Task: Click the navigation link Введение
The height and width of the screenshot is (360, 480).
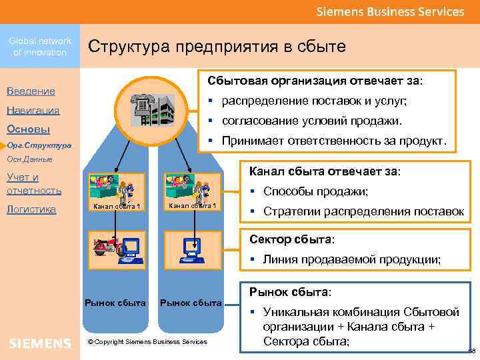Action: (x=31, y=91)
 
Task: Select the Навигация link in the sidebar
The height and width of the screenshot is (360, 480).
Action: (x=33, y=111)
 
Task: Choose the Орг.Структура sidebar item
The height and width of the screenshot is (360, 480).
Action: (x=39, y=145)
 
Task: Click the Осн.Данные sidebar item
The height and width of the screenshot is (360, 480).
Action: (x=29, y=160)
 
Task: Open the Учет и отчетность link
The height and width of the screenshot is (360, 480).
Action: (x=33, y=183)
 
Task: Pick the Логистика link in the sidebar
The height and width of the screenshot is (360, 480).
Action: (x=31, y=209)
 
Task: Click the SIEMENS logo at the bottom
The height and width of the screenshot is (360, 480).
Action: (x=40, y=343)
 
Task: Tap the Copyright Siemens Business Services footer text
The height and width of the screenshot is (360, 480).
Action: (x=147, y=342)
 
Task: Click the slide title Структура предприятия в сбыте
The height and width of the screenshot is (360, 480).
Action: (x=217, y=46)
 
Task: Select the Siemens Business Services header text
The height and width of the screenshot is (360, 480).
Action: (x=390, y=11)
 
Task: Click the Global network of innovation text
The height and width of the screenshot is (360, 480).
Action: (x=40, y=47)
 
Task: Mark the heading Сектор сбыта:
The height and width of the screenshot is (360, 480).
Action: (x=292, y=239)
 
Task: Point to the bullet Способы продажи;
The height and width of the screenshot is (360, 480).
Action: (x=316, y=191)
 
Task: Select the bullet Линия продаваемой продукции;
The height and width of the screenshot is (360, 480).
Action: (x=351, y=259)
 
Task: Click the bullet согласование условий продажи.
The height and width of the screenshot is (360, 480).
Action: (x=312, y=121)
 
